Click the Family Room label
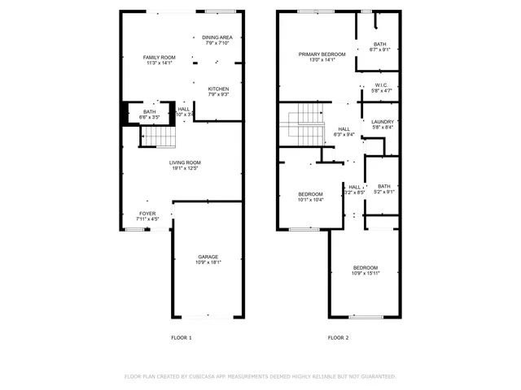160,57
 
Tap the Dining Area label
217,37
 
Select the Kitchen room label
218,89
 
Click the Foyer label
147,214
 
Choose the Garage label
208,257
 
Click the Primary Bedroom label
322,54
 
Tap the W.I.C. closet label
383,85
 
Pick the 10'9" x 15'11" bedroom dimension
365,274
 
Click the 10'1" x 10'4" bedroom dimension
310,200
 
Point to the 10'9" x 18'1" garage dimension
208,262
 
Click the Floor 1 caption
181,337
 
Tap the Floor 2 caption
338,337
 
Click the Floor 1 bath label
149,111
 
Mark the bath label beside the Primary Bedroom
380,44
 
